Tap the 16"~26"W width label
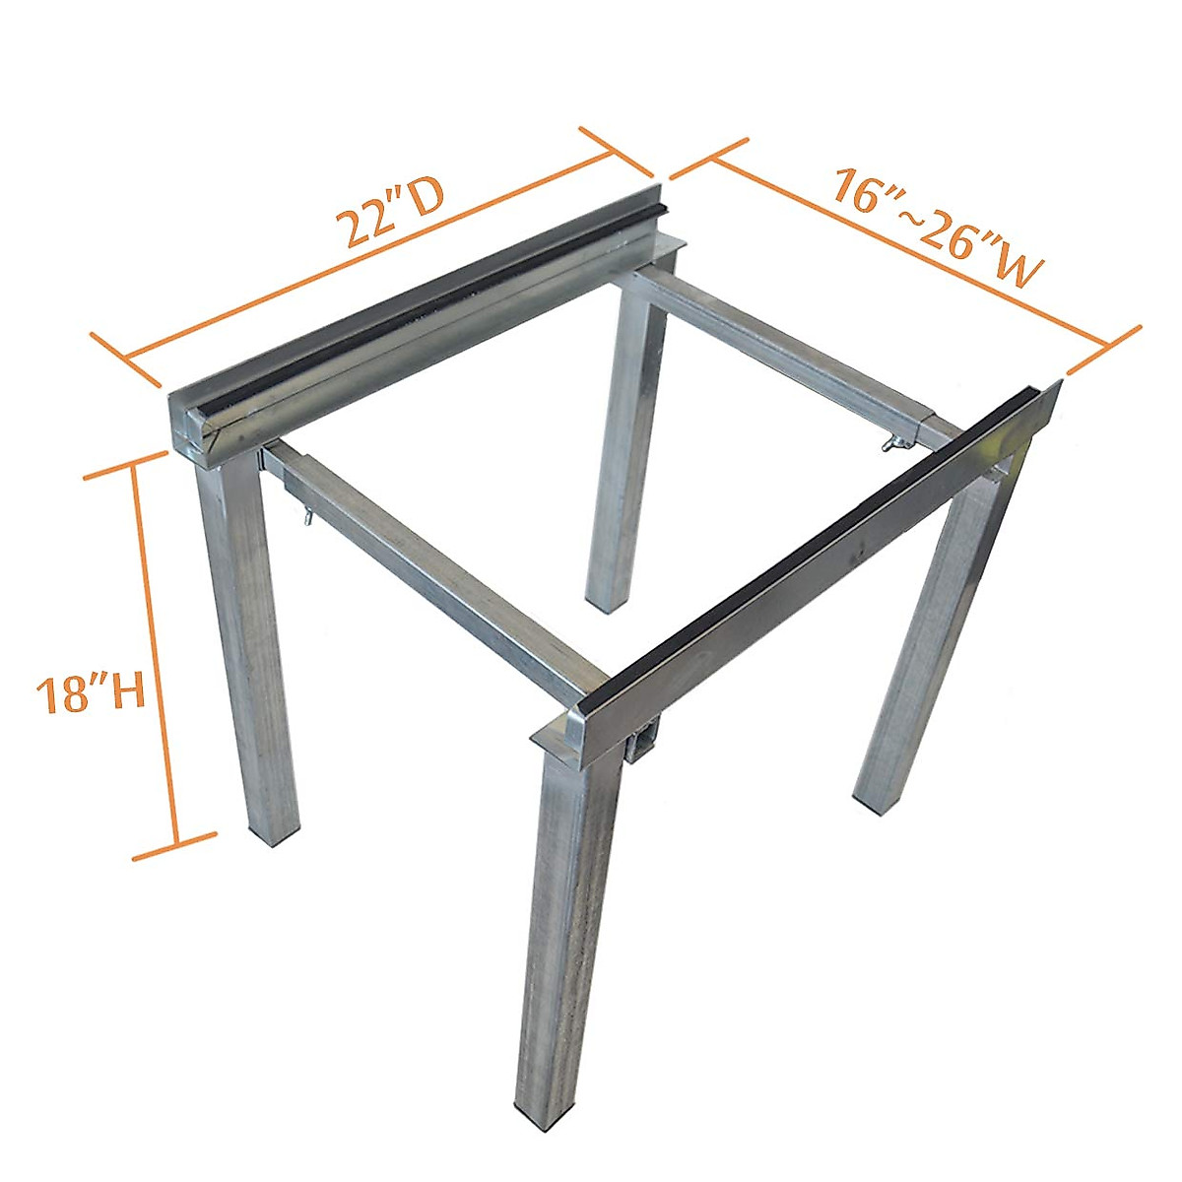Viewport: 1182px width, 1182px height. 936,227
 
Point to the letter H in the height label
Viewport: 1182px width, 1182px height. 125,692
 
